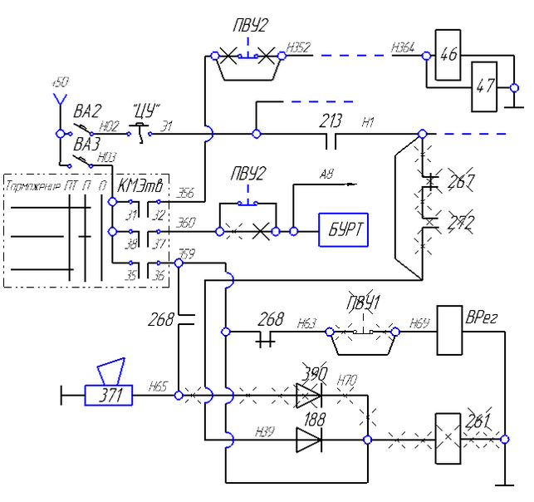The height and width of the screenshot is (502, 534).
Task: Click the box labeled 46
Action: click(448, 57)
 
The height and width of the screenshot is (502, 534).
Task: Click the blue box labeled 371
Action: click(108, 396)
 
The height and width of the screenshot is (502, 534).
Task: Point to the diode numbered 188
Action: click(308, 440)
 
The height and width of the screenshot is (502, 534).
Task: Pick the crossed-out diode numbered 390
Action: click(308, 395)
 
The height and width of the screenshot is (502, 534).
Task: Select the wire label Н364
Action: click(403, 48)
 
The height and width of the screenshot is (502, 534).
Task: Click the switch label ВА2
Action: click(86, 111)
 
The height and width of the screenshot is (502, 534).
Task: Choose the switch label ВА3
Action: click(86, 144)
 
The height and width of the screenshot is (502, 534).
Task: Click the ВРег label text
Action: click(482, 317)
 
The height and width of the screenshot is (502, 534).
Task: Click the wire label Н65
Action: click(158, 386)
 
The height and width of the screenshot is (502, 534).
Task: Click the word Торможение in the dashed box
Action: click(33, 185)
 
